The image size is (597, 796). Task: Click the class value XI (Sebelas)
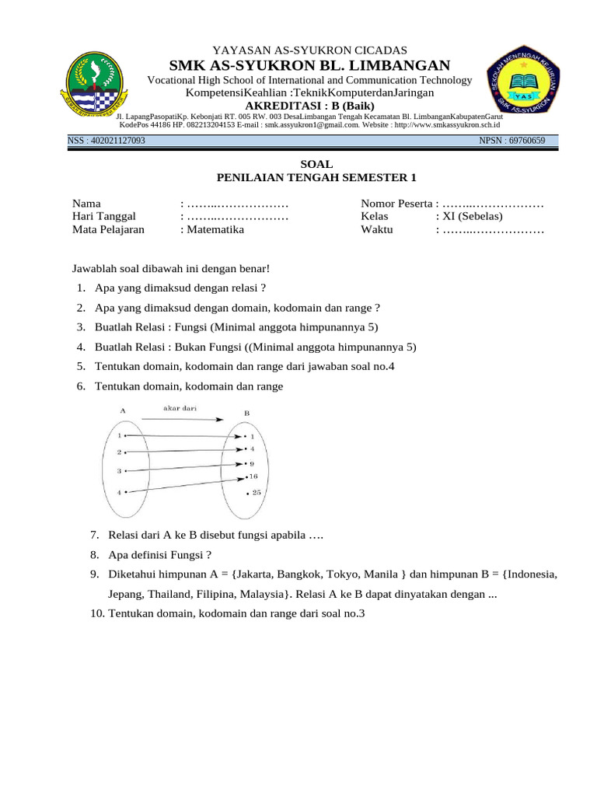tap(472, 216)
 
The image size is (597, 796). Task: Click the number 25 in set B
tap(257, 493)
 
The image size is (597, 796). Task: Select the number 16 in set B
tap(253, 476)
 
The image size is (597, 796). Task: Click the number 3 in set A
tap(119, 471)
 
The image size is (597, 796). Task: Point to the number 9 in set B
tap(252, 463)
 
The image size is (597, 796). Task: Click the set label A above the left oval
tap(123, 410)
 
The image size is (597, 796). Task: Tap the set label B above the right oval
tap(246, 413)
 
